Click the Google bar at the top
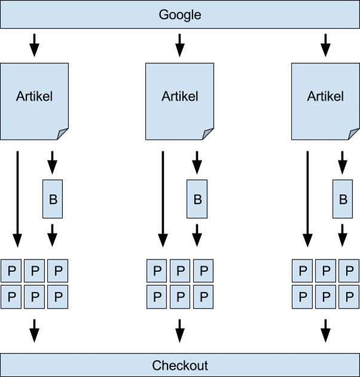point(179,14)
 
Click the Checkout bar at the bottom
point(179,364)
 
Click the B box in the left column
point(53,198)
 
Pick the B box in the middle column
point(197,198)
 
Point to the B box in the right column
point(343,198)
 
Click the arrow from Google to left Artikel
point(34,45)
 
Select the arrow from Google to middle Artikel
point(179,45)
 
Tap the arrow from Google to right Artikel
point(325,45)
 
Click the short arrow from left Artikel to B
point(52,162)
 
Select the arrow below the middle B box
point(197,234)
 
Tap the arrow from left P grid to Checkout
point(34,330)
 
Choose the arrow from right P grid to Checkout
point(325,330)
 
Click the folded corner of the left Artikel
point(63,134)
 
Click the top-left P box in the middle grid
point(157,271)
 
